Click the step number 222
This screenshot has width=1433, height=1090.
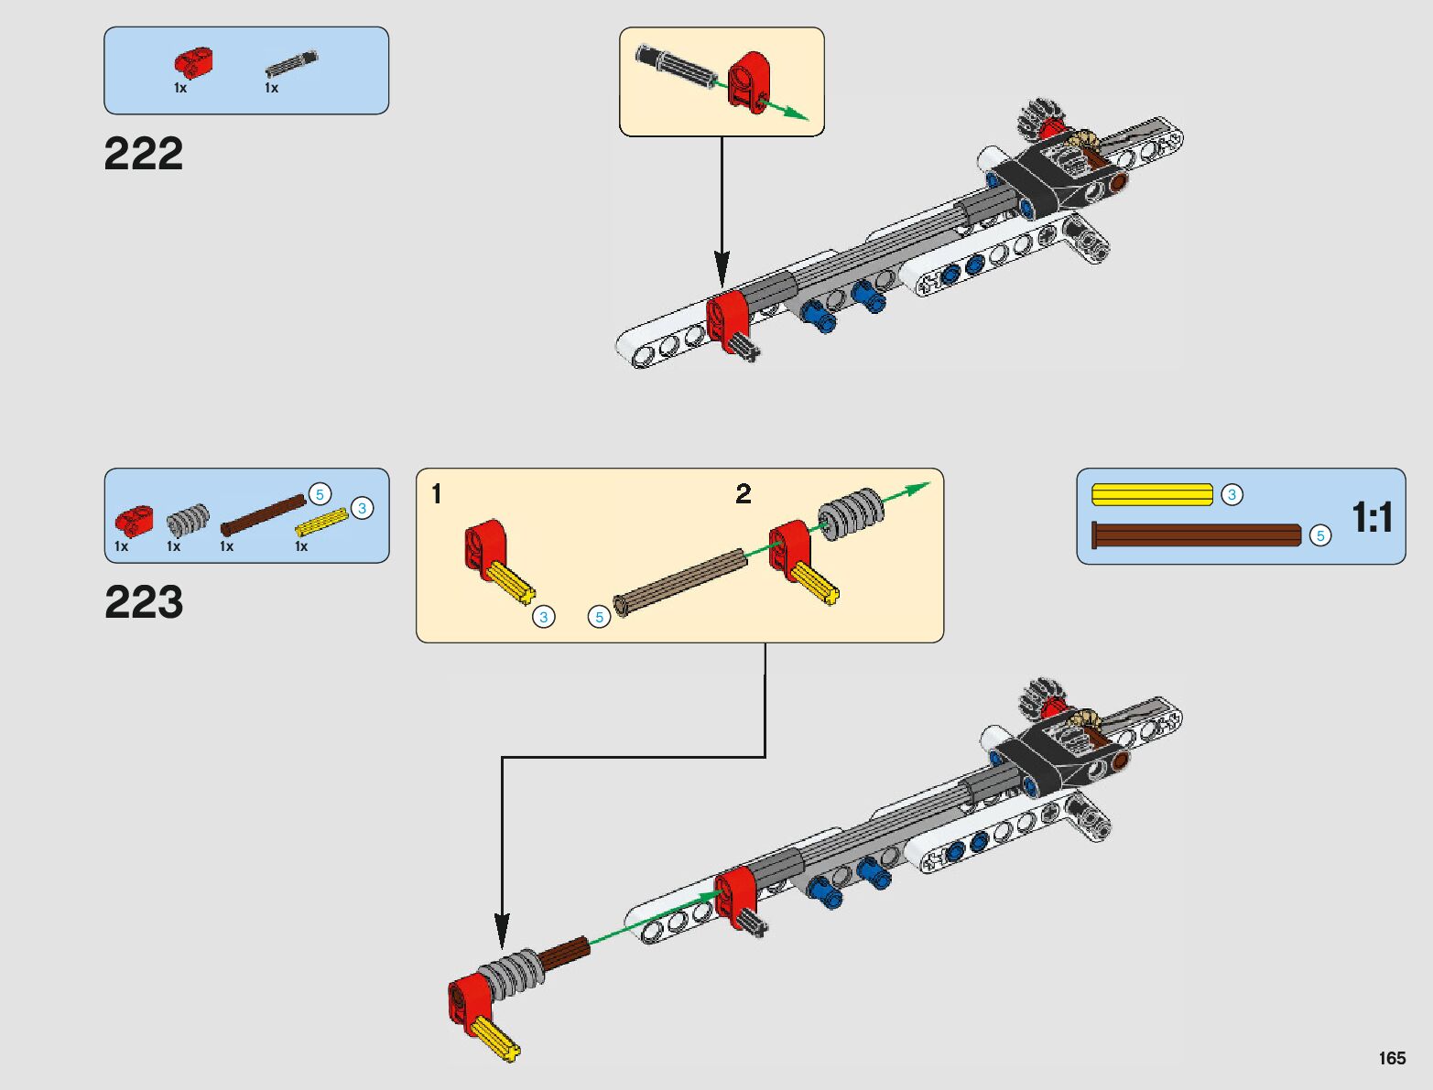coord(144,154)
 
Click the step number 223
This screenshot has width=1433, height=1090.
coord(144,602)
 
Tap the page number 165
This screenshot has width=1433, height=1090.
coord(1392,1058)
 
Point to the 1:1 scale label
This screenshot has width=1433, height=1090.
coord(1372,517)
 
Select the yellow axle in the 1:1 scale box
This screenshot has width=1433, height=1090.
coord(1152,495)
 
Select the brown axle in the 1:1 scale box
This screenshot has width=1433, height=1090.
coord(1197,534)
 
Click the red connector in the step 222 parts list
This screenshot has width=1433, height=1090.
coord(193,61)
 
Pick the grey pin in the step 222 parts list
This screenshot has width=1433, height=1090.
coord(292,64)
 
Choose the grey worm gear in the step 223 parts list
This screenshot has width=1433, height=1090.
coord(188,520)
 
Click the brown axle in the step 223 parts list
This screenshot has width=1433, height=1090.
coord(263,515)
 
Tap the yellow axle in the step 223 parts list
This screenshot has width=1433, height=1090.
coord(321,522)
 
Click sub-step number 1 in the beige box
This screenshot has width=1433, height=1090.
coord(437,494)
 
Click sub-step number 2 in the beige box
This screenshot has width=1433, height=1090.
coord(744,494)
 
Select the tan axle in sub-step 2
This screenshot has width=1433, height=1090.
coord(679,582)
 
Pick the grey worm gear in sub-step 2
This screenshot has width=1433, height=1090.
coord(851,514)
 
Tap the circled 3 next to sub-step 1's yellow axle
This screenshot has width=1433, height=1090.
coord(544,617)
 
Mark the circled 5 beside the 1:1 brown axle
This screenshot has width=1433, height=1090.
coord(1319,535)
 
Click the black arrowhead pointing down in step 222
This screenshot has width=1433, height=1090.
coord(722,272)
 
